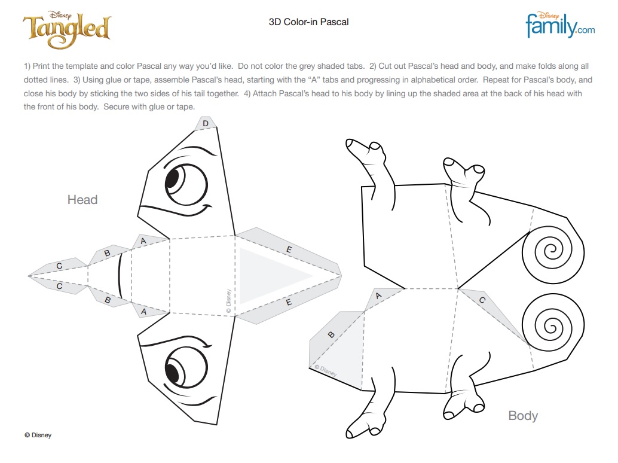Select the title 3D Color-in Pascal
[308, 22]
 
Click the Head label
[82, 200]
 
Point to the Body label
[523, 416]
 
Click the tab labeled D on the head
[206, 124]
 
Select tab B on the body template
[332, 334]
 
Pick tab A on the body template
[379, 296]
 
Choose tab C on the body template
[482, 300]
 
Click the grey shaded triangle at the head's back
[272, 276]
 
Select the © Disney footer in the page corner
[38, 435]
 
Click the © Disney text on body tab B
[326, 371]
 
